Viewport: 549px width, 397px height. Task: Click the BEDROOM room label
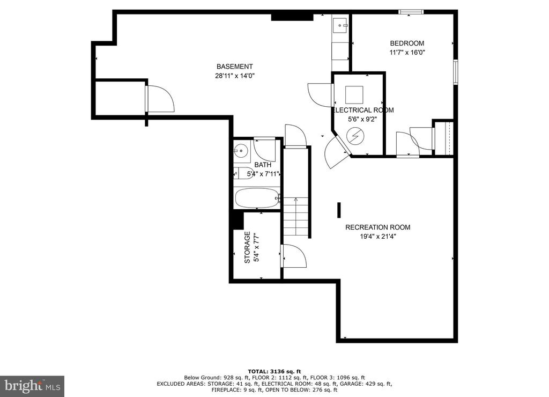(x=407, y=43)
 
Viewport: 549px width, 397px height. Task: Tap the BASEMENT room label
(x=235, y=67)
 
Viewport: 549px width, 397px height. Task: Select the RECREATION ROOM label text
(x=378, y=227)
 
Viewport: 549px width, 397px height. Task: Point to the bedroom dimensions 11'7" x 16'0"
(x=407, y=53)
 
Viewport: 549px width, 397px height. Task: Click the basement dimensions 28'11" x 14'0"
(x=235, y=76)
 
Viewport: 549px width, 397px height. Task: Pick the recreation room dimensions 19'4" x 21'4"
(x=378, y=237)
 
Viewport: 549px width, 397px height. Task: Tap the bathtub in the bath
(x=257, y=198)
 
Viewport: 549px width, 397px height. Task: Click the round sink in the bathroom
(x=241, y=151)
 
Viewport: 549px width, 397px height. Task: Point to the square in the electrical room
(x=354, y=94)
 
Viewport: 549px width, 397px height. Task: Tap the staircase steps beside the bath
(x=296, y=217)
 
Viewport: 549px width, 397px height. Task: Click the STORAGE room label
(x=247, y=247)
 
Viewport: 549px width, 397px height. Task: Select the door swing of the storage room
(x=294, y=256)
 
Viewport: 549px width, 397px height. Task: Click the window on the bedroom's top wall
(x=411, y=12)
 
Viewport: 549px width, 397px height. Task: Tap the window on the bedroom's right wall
(x=456, y=72)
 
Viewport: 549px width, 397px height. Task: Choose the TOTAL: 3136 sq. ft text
(x=274, y=371)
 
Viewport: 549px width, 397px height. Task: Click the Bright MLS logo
(x=32, y=386)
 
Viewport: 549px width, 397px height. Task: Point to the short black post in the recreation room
(x=339, y=210)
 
